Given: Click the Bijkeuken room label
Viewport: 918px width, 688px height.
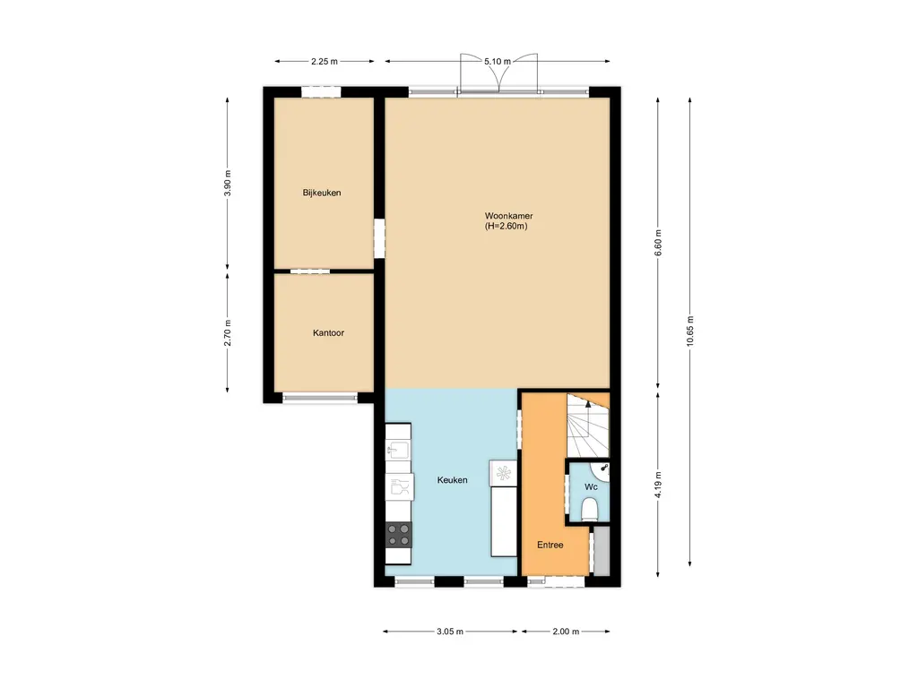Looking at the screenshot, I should click(322, 193).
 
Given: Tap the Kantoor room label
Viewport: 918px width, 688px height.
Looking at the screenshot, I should click(328, 333).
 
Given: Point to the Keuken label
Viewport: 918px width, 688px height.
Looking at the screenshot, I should click(452, 480).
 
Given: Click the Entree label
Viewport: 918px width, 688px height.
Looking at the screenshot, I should click(550, 545).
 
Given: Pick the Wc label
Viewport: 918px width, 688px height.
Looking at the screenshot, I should click(591, 486).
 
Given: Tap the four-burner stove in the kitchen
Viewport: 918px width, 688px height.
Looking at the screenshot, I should click(399, 535).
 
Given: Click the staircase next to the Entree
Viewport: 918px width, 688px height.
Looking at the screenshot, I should click(587, 426).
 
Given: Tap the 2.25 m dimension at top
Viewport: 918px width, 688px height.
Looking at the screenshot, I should click(325, 62).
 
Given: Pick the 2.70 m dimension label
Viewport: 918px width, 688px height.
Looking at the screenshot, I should click(228, 333).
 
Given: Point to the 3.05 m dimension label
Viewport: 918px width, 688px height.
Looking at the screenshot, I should click(450, 632).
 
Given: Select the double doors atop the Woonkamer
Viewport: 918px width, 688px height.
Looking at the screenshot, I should click(498, 73).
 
